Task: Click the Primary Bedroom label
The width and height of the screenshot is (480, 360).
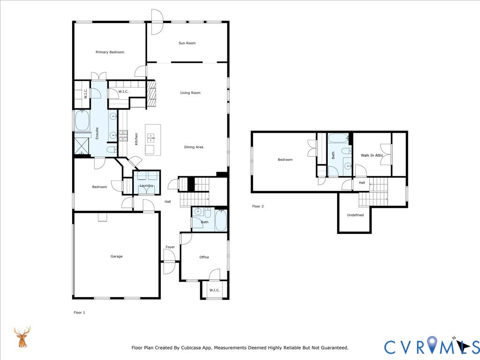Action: [x=110, y=52]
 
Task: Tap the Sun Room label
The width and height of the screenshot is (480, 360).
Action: [x=187, y=43]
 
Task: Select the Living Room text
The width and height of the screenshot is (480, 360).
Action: [x=190, y=93]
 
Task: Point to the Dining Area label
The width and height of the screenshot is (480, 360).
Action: [x=193, y=147]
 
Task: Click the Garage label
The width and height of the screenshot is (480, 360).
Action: [x=116, y=256]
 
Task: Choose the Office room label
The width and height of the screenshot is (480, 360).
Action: [x=204, y=257]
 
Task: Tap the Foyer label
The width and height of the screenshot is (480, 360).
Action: [x=170, y=247]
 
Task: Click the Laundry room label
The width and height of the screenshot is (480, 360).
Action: [x=146, y=186]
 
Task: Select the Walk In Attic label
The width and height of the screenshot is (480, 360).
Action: [x=372, y=155]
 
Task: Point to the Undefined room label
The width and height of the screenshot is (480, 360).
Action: [x=355, y=215]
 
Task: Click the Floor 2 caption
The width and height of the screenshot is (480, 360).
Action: [x=258, y=206]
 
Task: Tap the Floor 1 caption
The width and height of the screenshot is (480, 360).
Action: [x=79, y=312]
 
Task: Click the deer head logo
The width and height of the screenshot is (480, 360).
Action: [x=22, y=337]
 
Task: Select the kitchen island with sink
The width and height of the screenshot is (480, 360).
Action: [x=153, y=140]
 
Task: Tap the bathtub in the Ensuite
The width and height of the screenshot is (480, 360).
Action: [x=82, y=120]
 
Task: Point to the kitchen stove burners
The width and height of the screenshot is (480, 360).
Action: [x=123, y=136]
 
